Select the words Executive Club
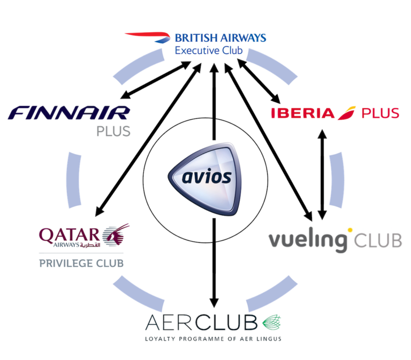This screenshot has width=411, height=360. tap(209, 51)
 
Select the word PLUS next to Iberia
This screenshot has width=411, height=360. tap(380, 113)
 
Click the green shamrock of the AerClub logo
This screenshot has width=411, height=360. tap(272, 323)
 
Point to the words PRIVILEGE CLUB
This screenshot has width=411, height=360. tap(80, 263)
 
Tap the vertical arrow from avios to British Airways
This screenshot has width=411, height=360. tap(215, 91)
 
